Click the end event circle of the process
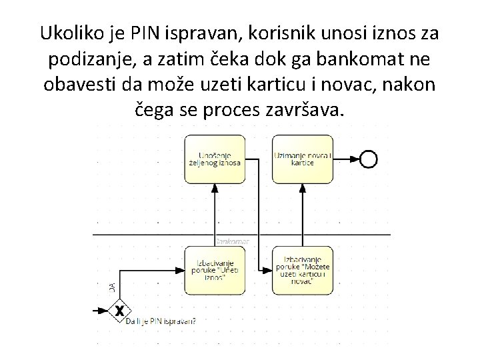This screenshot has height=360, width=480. point(368,159)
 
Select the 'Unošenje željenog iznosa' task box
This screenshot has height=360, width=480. point(215,159)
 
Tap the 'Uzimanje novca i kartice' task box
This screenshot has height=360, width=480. point(303,159)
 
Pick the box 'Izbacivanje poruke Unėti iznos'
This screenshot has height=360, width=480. point(215,270)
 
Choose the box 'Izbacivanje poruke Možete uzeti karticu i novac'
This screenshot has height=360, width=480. point(303,270)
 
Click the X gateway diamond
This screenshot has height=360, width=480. point(119,310)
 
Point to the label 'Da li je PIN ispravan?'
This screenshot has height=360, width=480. point(161,321)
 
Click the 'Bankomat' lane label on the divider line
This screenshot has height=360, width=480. point(233,241)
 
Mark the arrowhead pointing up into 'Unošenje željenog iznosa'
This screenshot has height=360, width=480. point(215,187)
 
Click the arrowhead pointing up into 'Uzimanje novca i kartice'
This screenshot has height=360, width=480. point(303,187)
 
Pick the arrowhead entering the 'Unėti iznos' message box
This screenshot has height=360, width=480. point(181,270)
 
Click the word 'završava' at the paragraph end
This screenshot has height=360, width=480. point(307,111)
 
